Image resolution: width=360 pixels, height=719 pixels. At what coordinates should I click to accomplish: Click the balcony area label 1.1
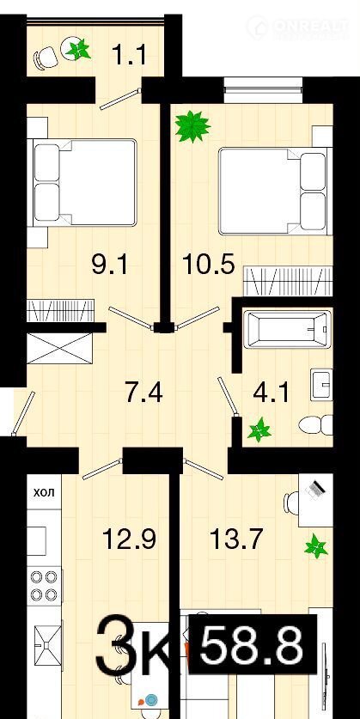click(x=130, y=55)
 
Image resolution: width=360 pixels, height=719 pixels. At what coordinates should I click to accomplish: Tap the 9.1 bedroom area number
click(x=109, y=265)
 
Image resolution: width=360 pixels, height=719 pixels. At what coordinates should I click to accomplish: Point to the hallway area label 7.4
click(x=144, y=393)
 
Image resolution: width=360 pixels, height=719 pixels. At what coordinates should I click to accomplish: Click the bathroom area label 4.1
click(x=271, y=393)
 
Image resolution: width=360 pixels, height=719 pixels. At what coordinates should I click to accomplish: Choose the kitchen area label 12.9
click(x=130, y=539)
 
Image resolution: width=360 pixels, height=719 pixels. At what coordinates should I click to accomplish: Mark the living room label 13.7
click(x=236, y=539)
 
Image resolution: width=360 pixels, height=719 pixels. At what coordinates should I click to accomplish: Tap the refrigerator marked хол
click(x=44, y=492)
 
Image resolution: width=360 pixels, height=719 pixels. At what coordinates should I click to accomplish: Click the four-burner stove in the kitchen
click(x=45, y=585)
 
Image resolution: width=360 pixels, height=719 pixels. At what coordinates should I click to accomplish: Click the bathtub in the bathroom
click(x=287, y=330)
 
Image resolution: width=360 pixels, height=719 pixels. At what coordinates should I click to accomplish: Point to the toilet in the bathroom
click(x=315, y=425)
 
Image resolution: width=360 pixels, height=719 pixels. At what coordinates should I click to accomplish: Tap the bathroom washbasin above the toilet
click(x=321, y=385)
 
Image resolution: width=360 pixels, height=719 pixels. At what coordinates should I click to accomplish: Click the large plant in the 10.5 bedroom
click(x=192, y=126)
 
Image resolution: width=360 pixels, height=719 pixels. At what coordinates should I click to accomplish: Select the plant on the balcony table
click(x=78, y=49)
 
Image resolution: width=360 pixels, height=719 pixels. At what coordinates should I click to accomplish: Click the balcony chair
click(x=45, y=58)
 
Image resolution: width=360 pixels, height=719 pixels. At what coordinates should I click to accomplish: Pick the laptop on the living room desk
click(x=316, y=488)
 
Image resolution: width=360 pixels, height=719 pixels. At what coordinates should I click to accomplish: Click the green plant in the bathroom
click(x=259, y=430)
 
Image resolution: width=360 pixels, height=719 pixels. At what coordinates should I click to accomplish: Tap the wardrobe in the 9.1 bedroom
click(x=60, y=310)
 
